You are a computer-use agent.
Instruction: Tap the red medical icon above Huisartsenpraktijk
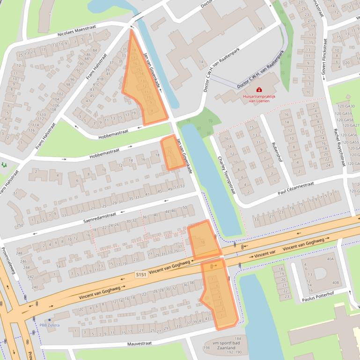click(x=259, y=89)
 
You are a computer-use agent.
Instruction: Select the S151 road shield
click(x=141, y=274)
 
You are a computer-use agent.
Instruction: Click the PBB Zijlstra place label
click(x=50, y=325)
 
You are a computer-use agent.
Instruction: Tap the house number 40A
click(x=331, y=259)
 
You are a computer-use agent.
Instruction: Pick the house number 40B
click(x=335, y=283)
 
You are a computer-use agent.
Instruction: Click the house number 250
click(x=20, y=225)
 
